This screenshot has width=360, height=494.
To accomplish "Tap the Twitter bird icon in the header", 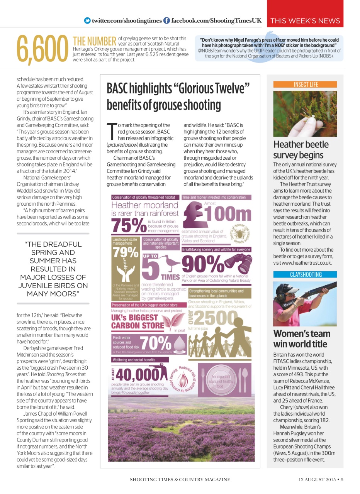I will tap(87, 20).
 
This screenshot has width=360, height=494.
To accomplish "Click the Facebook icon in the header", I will tap(166, 20).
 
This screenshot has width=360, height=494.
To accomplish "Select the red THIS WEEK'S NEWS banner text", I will tap(305, 21).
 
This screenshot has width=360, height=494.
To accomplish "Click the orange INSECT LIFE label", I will tap(305, 84).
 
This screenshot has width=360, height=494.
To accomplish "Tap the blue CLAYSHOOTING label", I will tap(305, 274).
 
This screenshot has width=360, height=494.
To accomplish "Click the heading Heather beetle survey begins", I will tap(301, 150).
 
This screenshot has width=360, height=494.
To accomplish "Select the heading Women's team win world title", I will tap(302, 338).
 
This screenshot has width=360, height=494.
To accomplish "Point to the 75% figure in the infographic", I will tap(126, 226).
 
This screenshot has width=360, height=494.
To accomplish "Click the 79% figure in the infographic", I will tap(126, 252).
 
